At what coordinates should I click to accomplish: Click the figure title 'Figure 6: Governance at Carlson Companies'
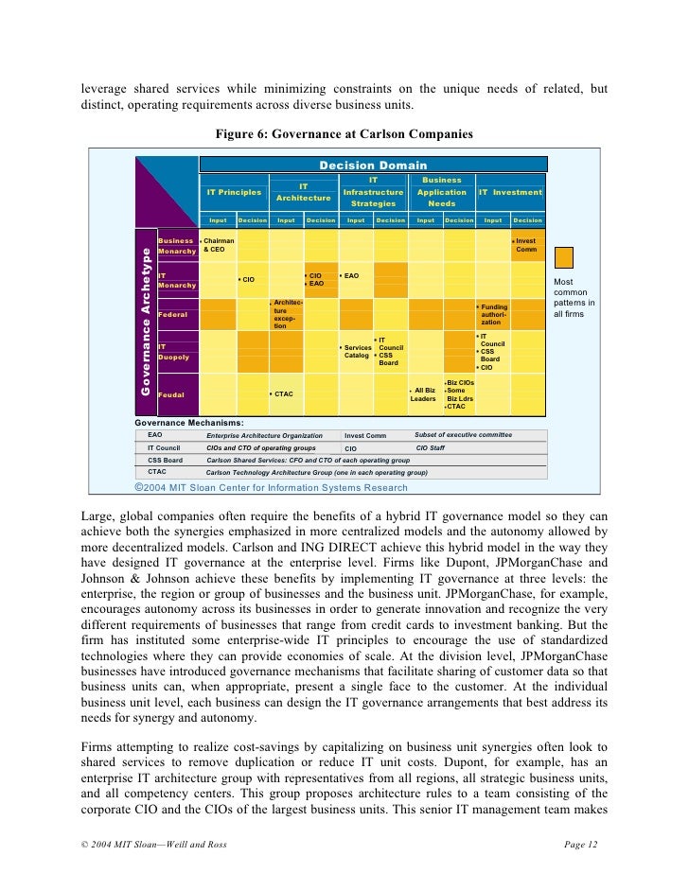tap(344, 134)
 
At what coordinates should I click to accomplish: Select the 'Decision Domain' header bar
tap(373, 166)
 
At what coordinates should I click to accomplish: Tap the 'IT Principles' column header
tap(234, 192)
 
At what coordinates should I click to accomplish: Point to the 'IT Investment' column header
tap(510, 192)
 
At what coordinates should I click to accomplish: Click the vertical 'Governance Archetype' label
tap(147, 322)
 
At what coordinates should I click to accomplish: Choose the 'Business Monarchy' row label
tap(176, 246)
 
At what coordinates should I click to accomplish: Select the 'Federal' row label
tap(172, 314)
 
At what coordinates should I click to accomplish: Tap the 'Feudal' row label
tap(170, 393)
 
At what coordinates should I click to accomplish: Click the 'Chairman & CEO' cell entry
tap(219, 245)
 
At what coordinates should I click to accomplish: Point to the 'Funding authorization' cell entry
tap(495, 315)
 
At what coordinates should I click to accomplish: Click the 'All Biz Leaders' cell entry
tap(423, 394)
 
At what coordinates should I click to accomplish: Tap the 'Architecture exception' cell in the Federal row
tap(287, 314)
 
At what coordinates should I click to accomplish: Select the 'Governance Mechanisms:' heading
tap(189, 423)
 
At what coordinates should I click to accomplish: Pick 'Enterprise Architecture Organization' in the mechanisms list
tap(264, 436)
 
